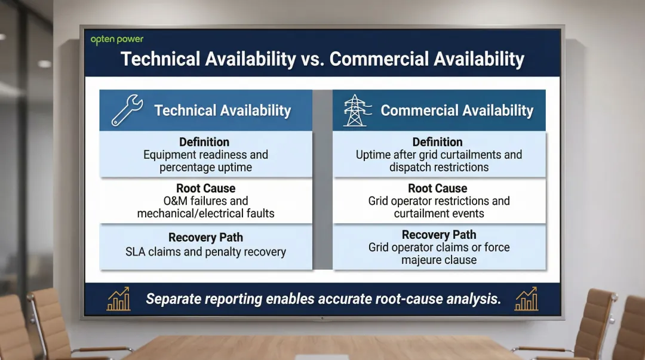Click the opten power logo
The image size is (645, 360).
(117, 39)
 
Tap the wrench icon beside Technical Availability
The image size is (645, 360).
(127, 111)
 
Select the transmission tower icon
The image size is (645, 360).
(355, 110)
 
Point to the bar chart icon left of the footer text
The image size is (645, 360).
(118, 299)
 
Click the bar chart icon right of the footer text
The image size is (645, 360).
(526, 299)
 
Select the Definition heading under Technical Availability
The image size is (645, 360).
(204, 142)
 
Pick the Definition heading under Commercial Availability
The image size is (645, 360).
(437, 142)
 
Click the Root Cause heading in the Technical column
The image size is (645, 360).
(205, 188)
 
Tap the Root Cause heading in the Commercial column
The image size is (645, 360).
(438, 188)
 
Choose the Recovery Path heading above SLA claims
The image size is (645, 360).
(205, 238)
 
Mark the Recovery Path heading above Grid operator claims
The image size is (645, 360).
(439, 235)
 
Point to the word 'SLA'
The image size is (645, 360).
(137, 252)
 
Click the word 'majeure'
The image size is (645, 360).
(422, 260)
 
